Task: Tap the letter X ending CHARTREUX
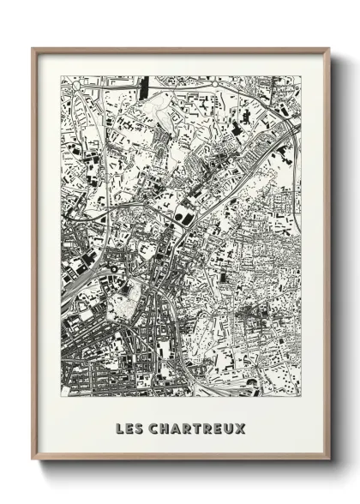pyautogui.click(x=242, y=427)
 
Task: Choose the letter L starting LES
pyautogui.click(x=120, y=427)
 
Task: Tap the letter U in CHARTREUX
pyautogui.click(x=231, y=427)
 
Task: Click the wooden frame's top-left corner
pyautogui.click(x=33, y=49)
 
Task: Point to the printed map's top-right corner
pyautogui.click(x=301, y=76)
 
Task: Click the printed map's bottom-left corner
pyautogui.click(x=61, y=396)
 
